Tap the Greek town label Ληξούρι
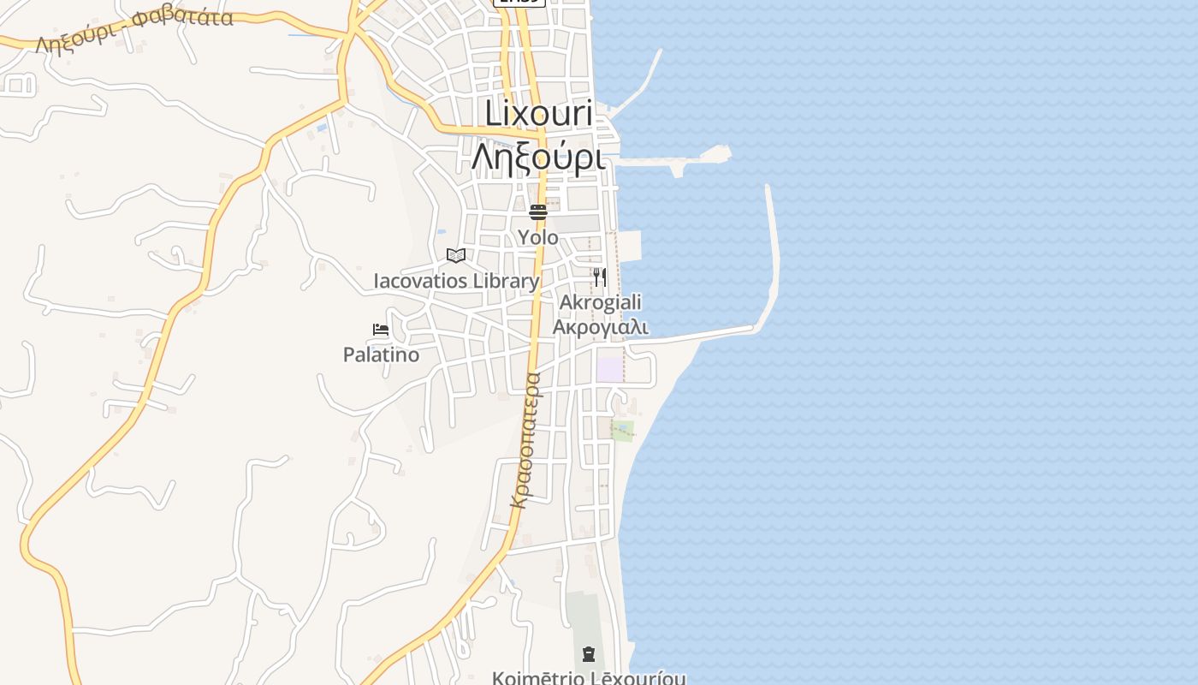[x=538, y=157]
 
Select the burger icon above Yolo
[x=537, y=211]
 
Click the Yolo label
[x=537, y=237]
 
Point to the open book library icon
[x=456, y=255]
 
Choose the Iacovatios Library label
[x=456, y=281]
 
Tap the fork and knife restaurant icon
[x=600, y=277]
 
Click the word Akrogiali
[x=600, y=302]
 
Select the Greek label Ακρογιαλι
[x=600, y=326]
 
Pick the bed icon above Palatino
[x=381, y=329]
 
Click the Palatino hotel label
[x=381, y=354]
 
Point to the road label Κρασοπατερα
[x=525, y=439]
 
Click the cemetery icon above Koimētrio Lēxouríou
[x=588, y=655]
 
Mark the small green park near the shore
[x=623, y=431]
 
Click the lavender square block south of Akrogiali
[x=609, y=370]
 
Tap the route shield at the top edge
[x=519, y=3]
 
